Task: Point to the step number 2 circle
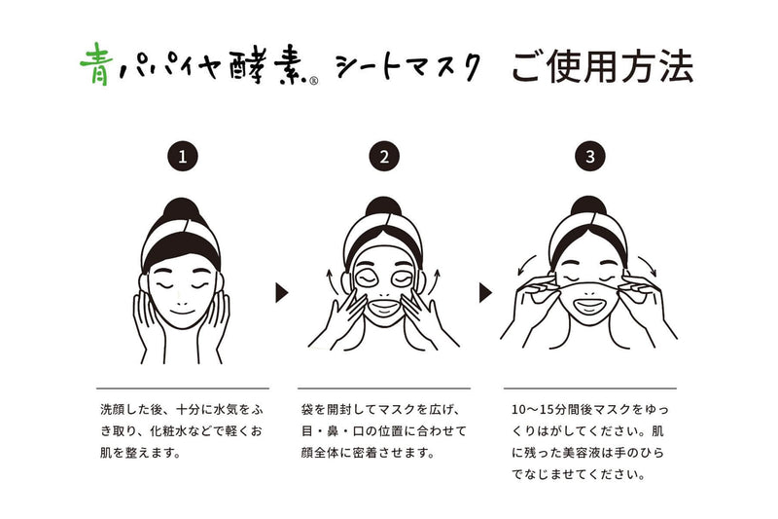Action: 385,155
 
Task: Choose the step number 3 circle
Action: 589,155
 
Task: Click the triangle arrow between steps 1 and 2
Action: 282,292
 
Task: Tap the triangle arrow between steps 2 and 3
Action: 485,292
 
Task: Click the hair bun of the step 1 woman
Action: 181,208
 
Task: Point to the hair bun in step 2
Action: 385,208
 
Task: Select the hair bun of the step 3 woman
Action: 589,208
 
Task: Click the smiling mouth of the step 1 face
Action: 182,307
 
